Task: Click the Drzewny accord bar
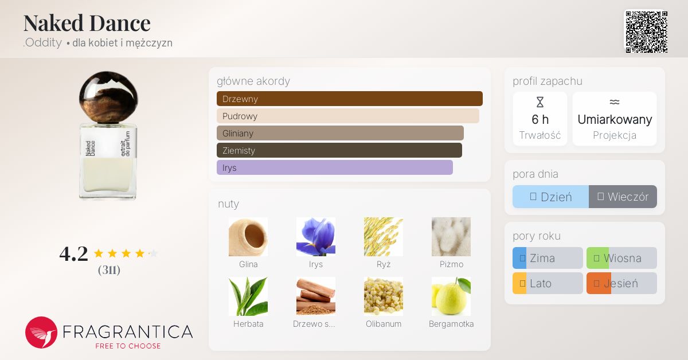coord(350,99)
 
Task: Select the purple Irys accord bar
coord(334,167)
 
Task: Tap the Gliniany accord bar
coord(340,133)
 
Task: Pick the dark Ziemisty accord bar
coord(339,150)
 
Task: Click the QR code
coord(647,32)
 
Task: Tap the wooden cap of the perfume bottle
coord(108,97)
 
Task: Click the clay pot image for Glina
coord(248,237)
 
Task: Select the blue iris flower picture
coord(316,237)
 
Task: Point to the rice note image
coord(384,237)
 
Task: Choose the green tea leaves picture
coord(248,296)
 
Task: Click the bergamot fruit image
coord(451,296)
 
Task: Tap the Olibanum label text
coord(384,324)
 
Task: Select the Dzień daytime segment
coord(551,197)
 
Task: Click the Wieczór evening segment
coord(623,197)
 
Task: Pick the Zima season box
coord(548,258)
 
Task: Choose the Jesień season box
coord(621,283)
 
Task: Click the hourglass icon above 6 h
coord(540,102)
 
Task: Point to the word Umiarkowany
coord(615,119)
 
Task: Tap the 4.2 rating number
coord(74,254)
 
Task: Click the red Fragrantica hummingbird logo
coord(41,332)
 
